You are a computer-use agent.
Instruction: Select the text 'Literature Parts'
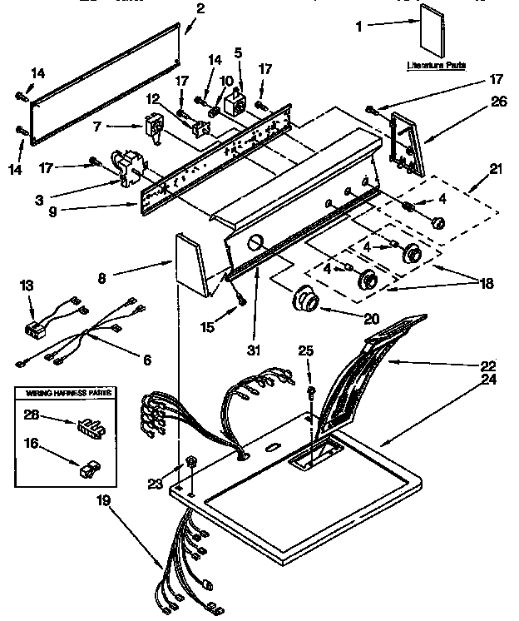(x=436, y=64)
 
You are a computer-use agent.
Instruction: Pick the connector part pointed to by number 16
(x=86, y=471)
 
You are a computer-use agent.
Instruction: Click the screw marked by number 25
(x=310, y=390)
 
